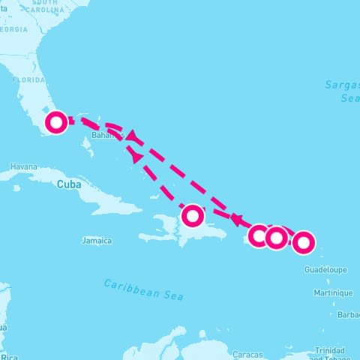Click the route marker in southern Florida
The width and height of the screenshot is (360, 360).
tap(56, 122)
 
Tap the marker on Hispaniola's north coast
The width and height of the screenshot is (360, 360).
tap(193, 216)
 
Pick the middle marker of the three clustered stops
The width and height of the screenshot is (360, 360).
tap(277, 238)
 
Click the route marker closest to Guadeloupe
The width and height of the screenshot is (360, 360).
tap(303, 242)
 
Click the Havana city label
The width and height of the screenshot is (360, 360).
tap(23, 166)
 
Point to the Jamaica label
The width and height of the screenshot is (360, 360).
tap(97, 241)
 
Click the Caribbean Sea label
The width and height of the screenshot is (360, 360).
tap(143, 289)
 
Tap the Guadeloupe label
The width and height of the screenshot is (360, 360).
tap(325, 268)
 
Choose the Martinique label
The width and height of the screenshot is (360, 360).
tap(333, 292)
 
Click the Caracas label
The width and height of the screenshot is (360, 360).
tap(247, 354)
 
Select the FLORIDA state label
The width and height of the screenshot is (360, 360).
tap(28, 79)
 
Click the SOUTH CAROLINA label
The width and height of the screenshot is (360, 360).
tap(46, 6)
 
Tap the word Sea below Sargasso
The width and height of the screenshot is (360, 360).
tap(350, 98)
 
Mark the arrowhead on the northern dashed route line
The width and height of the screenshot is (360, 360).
tap(133, 136)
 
